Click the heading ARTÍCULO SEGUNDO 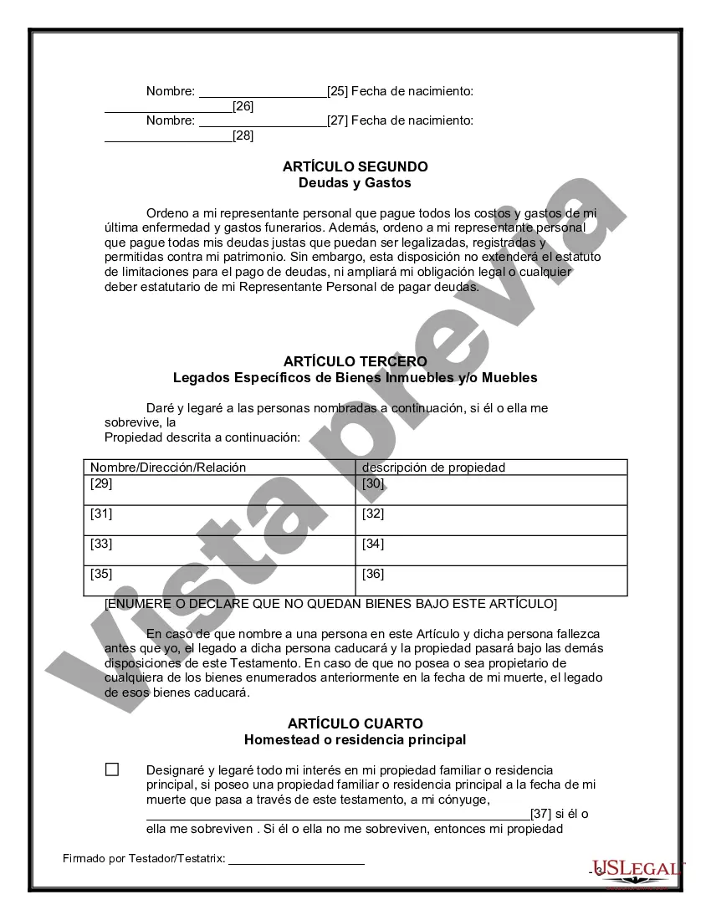pos(355,166)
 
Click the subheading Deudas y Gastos pos(355,182)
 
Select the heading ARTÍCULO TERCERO pos(355,361)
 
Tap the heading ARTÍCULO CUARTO pos(355,723)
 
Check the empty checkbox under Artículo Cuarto pos(112,769)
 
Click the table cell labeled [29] pos(219,490)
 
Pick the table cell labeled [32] pos(491,520)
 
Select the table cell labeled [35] pos(219,580)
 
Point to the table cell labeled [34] pos(491,550)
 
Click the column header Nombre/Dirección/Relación pos(168,468)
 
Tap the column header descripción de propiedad pos(433,468)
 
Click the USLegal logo pos(637,870)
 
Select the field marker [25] pos(337,90)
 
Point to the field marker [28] pos(243,135)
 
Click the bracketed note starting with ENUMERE pos(330,603)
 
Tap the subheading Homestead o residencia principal pos(355,739)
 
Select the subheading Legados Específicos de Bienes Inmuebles pos(355,377)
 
